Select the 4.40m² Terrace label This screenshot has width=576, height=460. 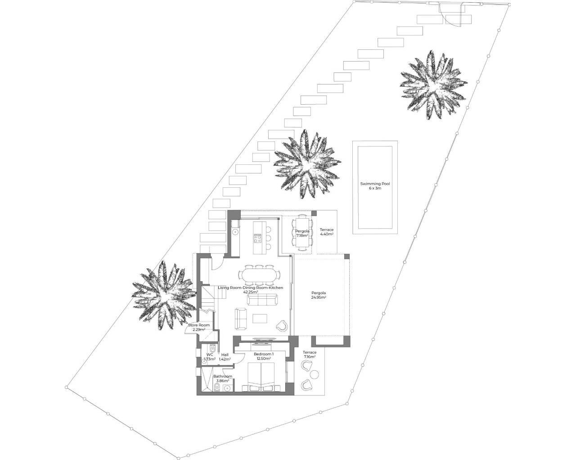327,232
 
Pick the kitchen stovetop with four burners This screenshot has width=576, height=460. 258,238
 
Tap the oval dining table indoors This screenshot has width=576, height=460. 259,275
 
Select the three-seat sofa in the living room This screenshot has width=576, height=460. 262,299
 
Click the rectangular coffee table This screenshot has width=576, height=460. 260,318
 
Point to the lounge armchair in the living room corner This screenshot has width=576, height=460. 282,325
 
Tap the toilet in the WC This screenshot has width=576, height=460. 213,349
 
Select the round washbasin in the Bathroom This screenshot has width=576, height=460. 228,387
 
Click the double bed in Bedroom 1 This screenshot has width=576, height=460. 261,377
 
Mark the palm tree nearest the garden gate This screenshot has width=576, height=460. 433,85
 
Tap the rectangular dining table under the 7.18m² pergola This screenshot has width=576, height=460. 302,233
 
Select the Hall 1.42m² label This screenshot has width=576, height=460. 225,357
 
